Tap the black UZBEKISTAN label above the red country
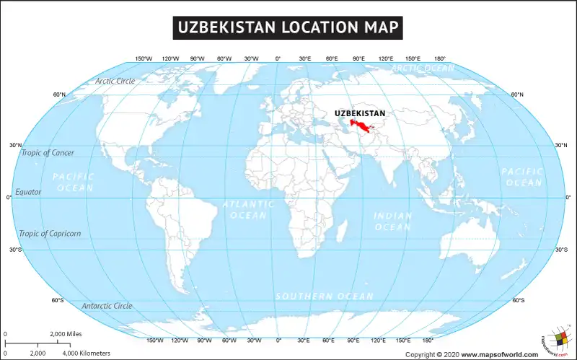(359, 113)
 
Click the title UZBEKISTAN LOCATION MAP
(288, 27)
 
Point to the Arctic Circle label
(115, 81)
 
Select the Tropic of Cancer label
(47, 153)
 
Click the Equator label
(29, 192)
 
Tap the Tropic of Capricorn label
(50, 234)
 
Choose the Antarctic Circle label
(107, 306)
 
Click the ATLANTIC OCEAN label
(248, 210)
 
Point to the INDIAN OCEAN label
(392, 221)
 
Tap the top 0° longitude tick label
(278, 58)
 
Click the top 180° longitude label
(439, 58)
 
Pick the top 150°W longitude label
(144, 58)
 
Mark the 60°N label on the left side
(59, 95)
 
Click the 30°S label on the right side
(560, 250)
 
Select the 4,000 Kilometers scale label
(87, 354)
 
